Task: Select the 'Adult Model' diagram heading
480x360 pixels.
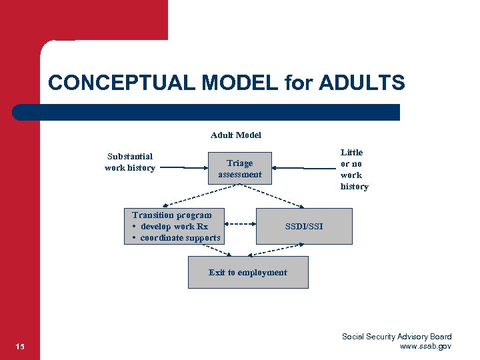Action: [x=236, y=135]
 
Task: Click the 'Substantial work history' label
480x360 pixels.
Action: [x=130, y=162]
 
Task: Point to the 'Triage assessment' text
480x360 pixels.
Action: [x=240, y=169]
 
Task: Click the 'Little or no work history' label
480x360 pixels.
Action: [x=353, y=169]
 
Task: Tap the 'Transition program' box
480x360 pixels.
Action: [x=173, y=226]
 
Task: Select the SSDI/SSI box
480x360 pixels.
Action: [x=304, y=226]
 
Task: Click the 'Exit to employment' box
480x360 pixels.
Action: [x=248, y=273]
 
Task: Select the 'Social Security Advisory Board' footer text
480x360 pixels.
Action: [x=397, y=337]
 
